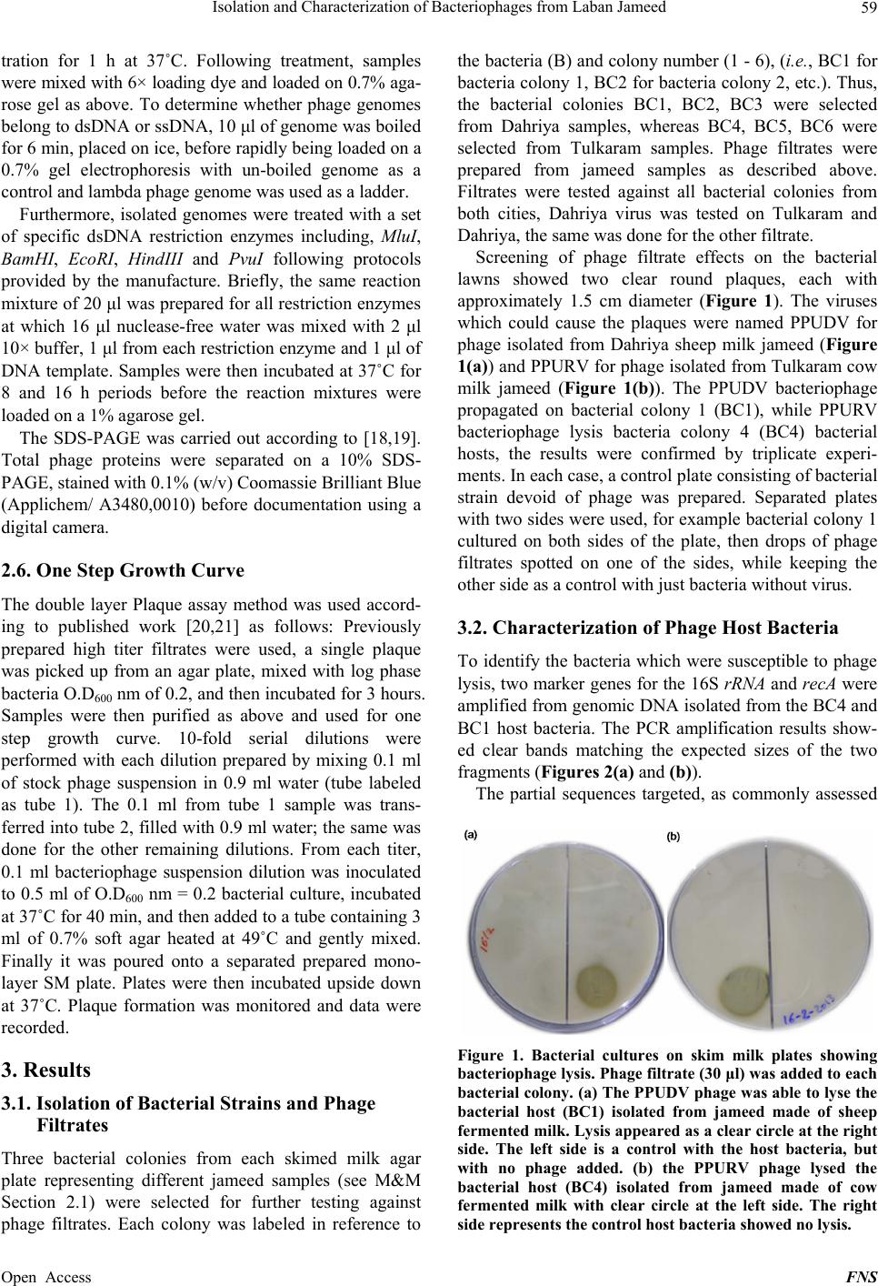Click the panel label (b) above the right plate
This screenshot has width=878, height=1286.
[673, 835]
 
